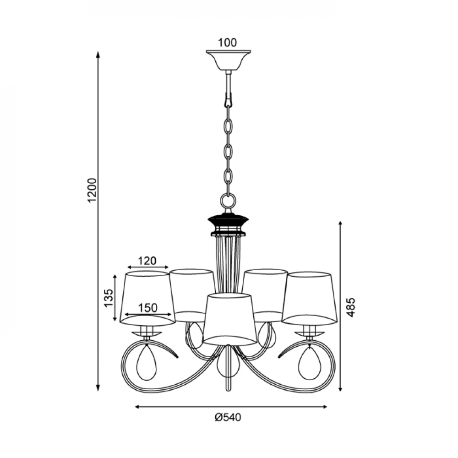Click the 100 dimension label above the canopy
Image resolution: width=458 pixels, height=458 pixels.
tap(227, 43)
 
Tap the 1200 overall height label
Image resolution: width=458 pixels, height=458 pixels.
tap(92, 190)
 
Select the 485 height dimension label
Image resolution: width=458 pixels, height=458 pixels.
tap(351, 307)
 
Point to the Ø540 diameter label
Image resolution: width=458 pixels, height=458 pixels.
tap(228, 417)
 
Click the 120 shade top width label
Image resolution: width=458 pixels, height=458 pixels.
tap(147, 261)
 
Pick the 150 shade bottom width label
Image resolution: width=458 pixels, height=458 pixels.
tap(147, 308)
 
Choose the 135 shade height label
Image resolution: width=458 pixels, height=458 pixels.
tap(109, 298)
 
